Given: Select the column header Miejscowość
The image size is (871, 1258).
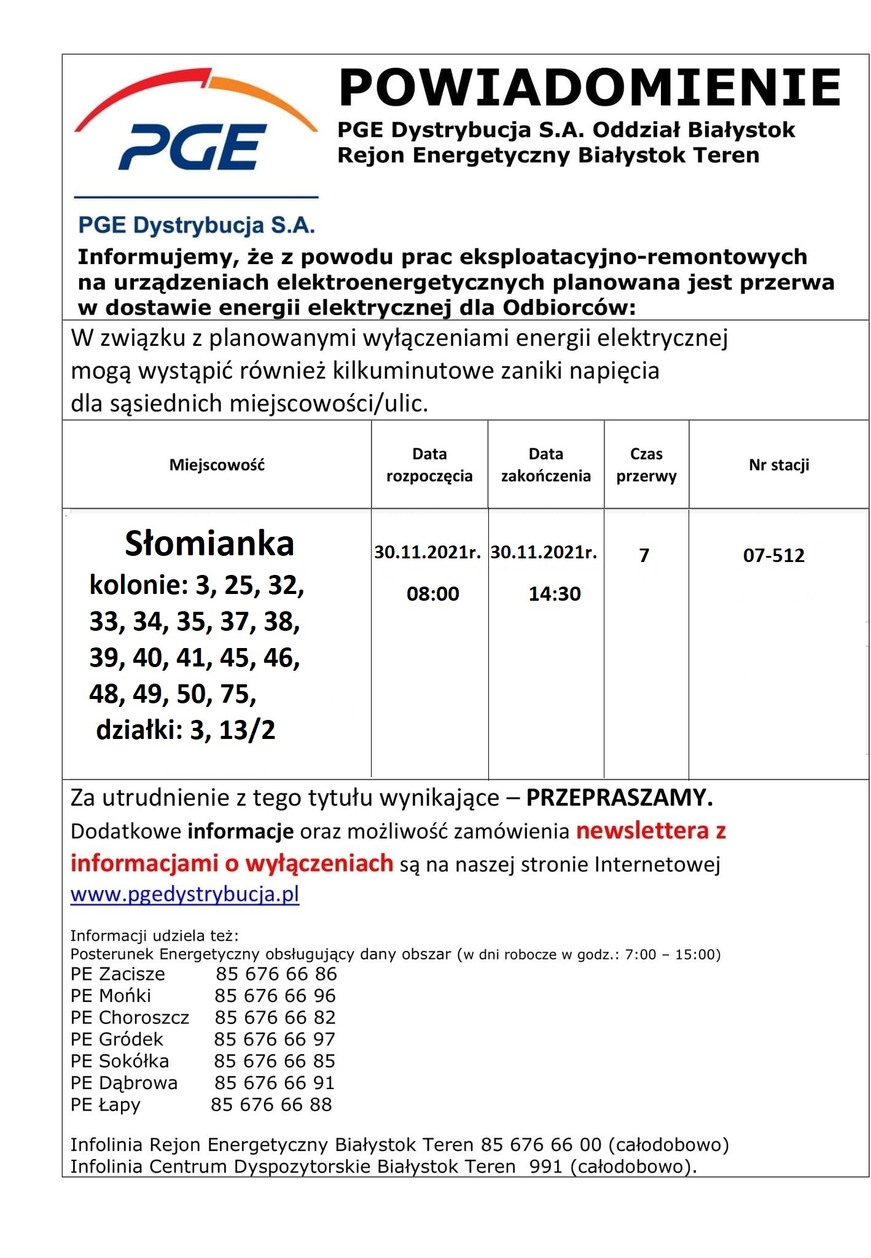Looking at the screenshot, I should (217, 465).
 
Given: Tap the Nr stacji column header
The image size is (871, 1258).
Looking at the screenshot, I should (778, 465).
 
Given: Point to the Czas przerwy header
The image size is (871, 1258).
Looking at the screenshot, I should (646, 465).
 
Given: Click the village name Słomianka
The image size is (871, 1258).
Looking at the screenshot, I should (209, 544).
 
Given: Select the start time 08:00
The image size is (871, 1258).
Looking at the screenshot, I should (432, 593).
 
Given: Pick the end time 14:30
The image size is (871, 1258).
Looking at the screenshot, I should (554, 593).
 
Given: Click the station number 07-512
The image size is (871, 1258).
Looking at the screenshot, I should (773, 556).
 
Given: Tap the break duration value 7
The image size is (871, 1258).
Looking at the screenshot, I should (644, 556).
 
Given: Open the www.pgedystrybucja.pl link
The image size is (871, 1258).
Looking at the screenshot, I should (185, 894).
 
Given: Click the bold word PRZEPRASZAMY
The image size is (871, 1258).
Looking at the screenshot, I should (619, 798).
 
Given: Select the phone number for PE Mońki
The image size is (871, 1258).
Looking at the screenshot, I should (275, 996).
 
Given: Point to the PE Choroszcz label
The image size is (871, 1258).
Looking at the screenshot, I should (130, 1017).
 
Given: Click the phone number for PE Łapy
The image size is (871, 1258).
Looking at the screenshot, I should (271, 1104).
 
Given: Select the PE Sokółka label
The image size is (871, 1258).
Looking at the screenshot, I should (119, 1061).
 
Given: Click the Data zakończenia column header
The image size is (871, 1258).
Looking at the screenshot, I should (545, 465).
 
